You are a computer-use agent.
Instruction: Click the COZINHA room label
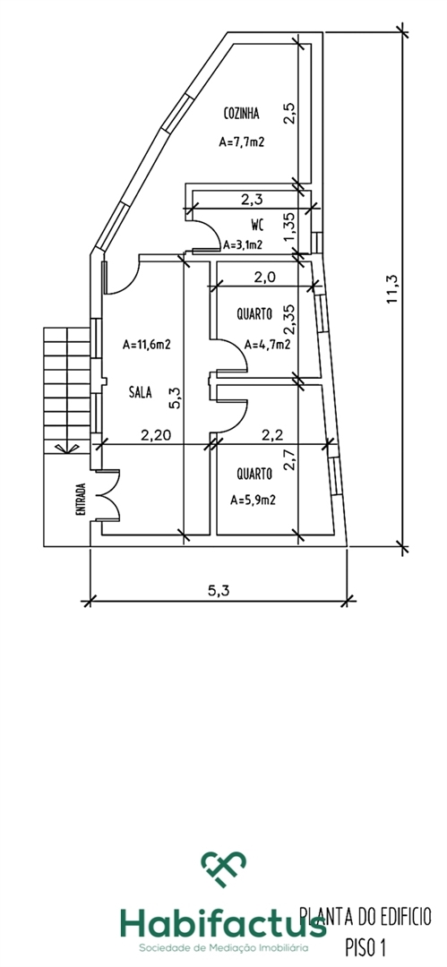(x=241, y=114)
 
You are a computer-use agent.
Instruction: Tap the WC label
(x=258, y=223)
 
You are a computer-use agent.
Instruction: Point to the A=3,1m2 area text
(x=243, y=244)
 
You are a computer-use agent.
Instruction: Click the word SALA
(x=140, y=391)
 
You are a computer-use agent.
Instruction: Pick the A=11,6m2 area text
(x=146, y=345)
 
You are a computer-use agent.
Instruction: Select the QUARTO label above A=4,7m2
(x=254, y=314)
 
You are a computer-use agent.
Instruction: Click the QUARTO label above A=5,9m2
(x=254, y=474)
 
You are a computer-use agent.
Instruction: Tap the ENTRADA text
(x=81, y=499)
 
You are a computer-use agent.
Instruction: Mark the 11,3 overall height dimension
(x=391, y=288)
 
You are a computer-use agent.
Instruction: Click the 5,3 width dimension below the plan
(x=218, y=590)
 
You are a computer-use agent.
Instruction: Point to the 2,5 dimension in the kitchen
(x=291, y=114)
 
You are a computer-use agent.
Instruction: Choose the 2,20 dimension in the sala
(x=155, y=435)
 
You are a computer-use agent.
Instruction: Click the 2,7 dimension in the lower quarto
(x=291, y=460)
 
